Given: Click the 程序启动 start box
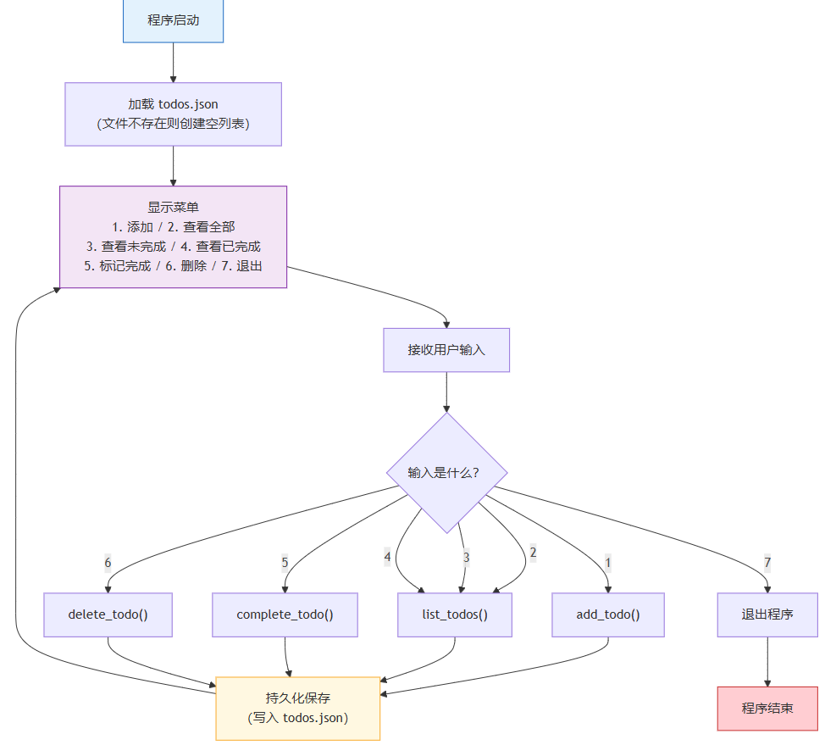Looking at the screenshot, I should pyautogui.click(x=173, y=20).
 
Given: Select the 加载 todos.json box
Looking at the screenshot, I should pyautogui.click(x=173, y=114).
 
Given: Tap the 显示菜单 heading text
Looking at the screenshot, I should pyautogui.click(x=173, y=207).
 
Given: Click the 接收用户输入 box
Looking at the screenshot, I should pyautogui.click(x=446, y=350).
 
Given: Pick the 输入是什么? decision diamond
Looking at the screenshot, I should pyautogui.click(x=446, y=472).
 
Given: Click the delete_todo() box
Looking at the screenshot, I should pyautogui.click(x=108, y=614).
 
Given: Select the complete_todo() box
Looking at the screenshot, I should pyautogui.click(x=285, y=614).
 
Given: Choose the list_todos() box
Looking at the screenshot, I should pyautogui.click(x=455, y=614).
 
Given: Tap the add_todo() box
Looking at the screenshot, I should pyautogui.click(x=608, y=614).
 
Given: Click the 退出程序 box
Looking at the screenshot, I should pyautogui.click(x=767, y=614).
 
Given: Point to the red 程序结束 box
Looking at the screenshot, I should pyautogui.click(x=767, y=709).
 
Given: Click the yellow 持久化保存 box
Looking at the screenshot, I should pyautogui.click(x=298, y=709).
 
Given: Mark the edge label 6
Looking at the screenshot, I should pyautogui.click(x=108, y=562).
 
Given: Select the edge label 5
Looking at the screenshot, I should pyautogui.click(x=285, y=562).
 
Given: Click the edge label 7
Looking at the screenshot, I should pyautogui.click(x=767, y=562).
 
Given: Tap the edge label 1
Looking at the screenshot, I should pyautogui.click(x=607, y=562).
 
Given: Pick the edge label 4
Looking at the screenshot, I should pyautogui.click(x=387, y=557).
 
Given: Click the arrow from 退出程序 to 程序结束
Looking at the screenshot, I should pyautogui.click(x=767, y=661).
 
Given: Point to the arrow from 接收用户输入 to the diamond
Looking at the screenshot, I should pyautogui.click(x=446, y=392).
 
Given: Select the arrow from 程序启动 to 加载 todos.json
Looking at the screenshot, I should pyautogui.click(x=173, y=62).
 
